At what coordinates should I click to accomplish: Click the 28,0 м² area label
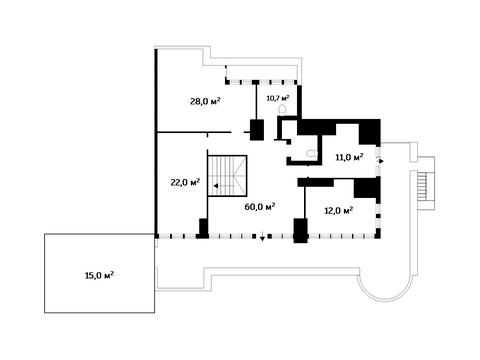[205, 101]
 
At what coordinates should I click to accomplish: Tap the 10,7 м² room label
[277, 97]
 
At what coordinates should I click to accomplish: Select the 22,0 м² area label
[186, 182]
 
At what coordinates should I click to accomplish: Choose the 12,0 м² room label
[338, 210]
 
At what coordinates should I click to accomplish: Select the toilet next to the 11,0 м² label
[312, 153]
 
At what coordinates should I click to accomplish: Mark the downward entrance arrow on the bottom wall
[262, 238]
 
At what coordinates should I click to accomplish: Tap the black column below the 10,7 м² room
[257, 130]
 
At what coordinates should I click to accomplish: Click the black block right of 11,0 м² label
[371, 131]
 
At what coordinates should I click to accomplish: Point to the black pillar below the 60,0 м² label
[299, 229]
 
